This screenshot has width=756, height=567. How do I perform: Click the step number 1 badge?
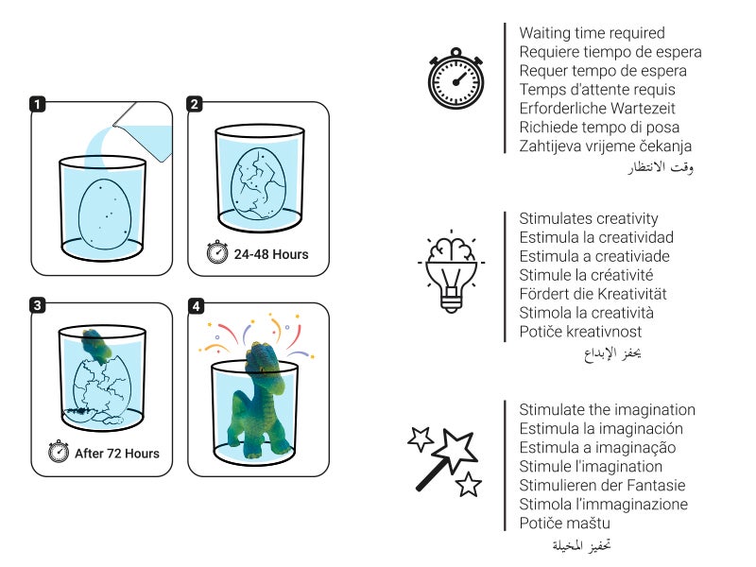tap(38, 104)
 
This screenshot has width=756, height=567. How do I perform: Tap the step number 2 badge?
tap(195, 104)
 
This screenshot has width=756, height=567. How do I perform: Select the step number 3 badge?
tap(38, 305)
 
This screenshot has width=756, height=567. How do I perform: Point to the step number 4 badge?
tap(195, 305)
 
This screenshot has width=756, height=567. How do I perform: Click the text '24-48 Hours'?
tap(272, 254)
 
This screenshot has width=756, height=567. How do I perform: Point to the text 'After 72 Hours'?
tap(117, 454)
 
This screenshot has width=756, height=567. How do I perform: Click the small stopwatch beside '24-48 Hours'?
tap(217, 253)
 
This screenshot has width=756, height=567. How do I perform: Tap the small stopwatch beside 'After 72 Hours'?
tap(59, 453)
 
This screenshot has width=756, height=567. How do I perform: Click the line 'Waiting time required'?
tap(592, 33)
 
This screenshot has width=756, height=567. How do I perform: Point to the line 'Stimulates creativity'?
tap(589, 219)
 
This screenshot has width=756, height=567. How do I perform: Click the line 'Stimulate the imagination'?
tap(607, 410)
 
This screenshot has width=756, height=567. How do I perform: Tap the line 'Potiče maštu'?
tap(564, 523)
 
